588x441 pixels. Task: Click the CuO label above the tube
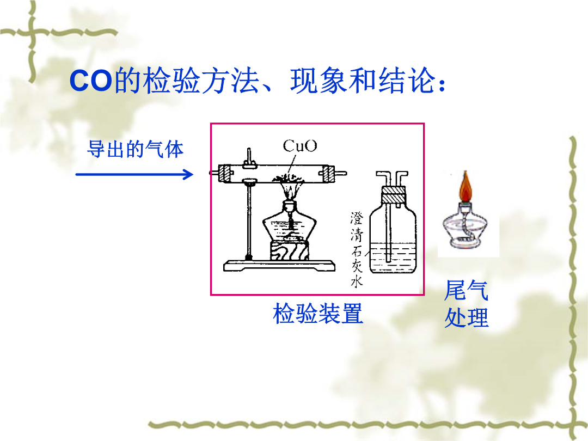(x=299, y=146)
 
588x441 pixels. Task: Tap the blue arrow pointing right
(x=134, y=174)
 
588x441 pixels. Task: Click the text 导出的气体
(x=135, y=149)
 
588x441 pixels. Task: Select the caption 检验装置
(x=318, y=314)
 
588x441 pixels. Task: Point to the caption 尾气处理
(x=467, y=304)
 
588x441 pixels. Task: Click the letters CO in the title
(x=91, y=81)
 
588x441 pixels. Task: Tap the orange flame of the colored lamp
(x=465, y=186)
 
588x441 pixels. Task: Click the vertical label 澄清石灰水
(x=357, y=249)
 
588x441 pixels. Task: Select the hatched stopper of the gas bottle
(x=394, y=194)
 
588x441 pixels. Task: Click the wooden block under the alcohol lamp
(x=289, y=251)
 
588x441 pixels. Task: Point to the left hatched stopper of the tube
(x=226, y=174)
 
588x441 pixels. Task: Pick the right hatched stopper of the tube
(x=326, y=174)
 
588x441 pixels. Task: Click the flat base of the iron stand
(x=279, y=266)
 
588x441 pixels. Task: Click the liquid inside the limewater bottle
(x=393, y=258)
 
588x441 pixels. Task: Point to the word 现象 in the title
(x=319, y=81)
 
